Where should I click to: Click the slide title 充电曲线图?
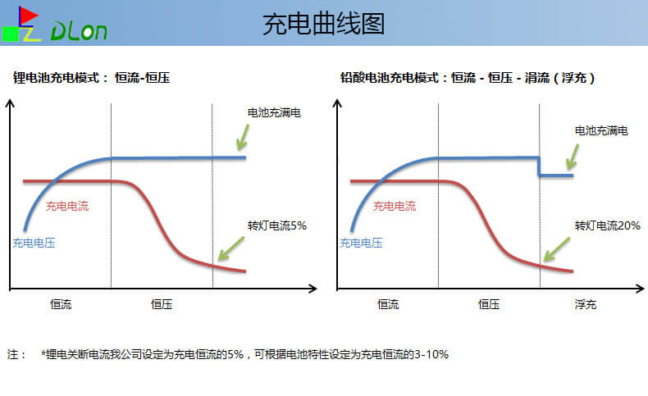coord(323,24)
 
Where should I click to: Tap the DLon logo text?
coord(79,30)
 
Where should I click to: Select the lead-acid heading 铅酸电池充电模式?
coord(390,78)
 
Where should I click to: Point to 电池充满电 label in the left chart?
coord(274,112)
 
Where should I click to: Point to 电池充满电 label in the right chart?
coord(601,130)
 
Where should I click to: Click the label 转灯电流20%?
coord(607,225)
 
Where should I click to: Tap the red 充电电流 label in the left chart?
coord(67,206)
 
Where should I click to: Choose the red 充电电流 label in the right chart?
coord(395,206)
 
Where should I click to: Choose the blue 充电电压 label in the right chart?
coord(361,242)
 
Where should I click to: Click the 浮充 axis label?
coord(585,304)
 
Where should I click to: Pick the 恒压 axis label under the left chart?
coord(162,304)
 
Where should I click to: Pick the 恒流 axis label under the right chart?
coord(388,304)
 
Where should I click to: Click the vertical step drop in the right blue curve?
coord(539,166)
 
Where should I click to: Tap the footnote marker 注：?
coord(17,355)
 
